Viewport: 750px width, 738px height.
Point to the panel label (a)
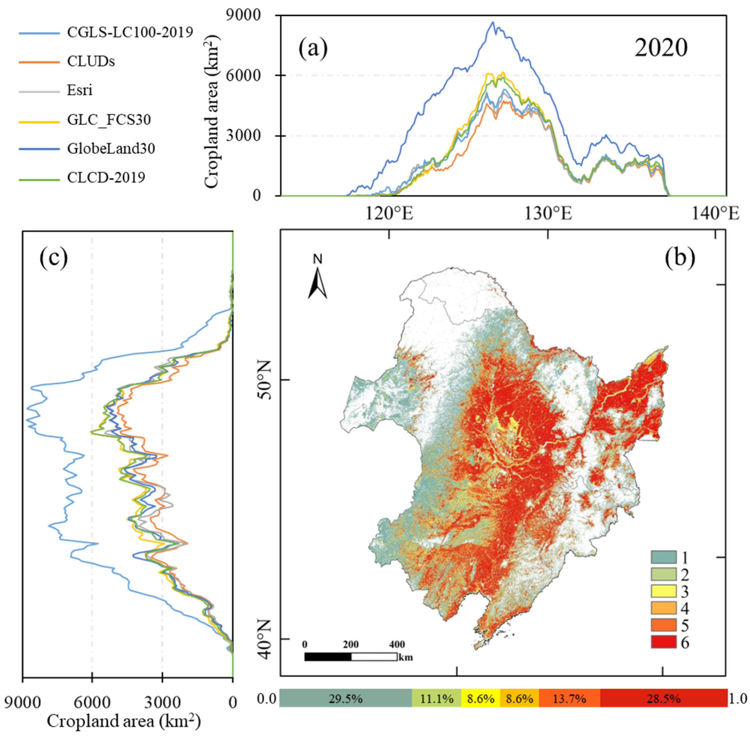(313, 49)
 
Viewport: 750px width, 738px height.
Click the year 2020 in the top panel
(660, 48)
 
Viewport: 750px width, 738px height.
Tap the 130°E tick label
(548, 213)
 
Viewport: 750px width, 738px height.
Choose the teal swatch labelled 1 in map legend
(663, 557)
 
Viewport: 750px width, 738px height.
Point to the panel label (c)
(54, 258)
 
